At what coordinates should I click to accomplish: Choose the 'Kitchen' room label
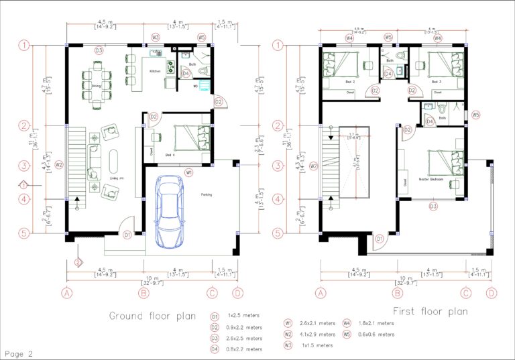point(155,70)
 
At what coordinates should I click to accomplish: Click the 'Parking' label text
point(207,195)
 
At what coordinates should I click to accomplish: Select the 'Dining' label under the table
point(96,86)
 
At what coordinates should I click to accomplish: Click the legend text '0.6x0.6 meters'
point(376,334)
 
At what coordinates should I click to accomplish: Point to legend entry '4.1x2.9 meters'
point(317,334)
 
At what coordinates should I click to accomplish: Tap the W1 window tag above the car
point(189,173)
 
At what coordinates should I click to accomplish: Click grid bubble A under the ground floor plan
point(66,292)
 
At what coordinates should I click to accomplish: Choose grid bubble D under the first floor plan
point(492,292)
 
